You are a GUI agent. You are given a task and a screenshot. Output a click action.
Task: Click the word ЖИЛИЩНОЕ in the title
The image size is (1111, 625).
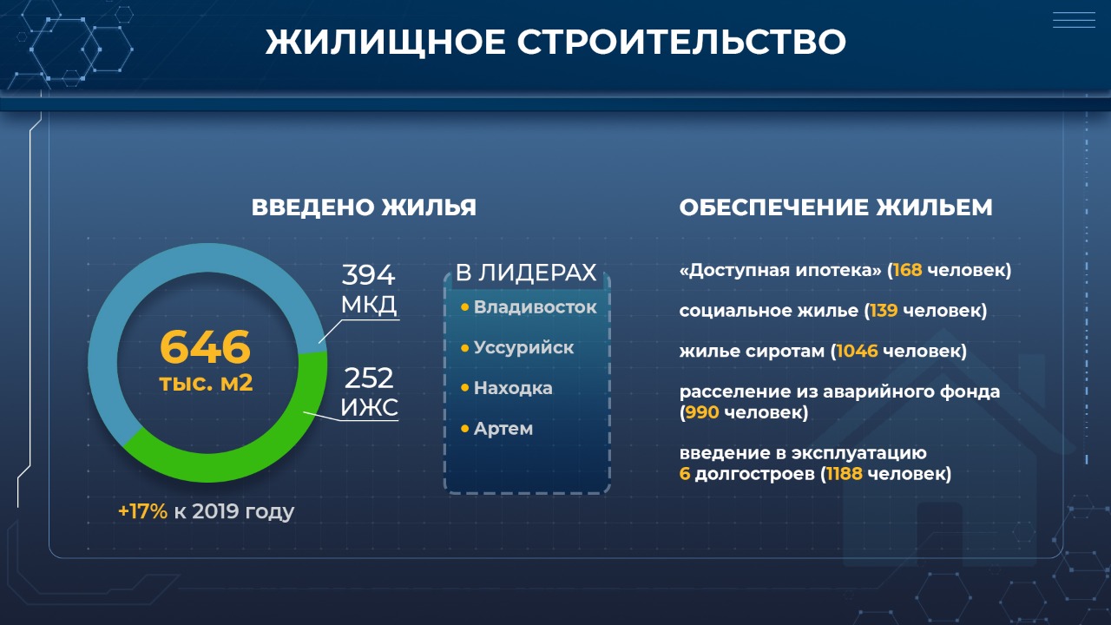tap(385, 42)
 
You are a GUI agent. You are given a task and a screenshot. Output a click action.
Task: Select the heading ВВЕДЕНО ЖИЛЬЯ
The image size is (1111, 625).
tap(364, 207)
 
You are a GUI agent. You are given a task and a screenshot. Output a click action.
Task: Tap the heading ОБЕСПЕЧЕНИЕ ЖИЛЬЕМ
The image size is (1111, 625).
tap(836, 207)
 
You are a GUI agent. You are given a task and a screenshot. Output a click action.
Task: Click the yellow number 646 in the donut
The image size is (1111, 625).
tap(205, 346)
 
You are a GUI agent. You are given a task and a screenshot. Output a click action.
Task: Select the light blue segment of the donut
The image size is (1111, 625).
tap(148, 278)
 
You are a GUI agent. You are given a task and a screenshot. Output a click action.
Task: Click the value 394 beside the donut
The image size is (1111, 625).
tap(368, 274)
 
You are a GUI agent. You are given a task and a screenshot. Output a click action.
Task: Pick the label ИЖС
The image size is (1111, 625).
tap(369, 408)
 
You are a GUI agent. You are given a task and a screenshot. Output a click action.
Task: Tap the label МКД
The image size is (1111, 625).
tap(369, 304)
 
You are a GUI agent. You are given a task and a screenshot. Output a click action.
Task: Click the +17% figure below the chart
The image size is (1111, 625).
tap(143, 511)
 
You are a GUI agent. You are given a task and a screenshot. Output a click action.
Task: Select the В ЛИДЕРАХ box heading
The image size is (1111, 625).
tap(526, 273)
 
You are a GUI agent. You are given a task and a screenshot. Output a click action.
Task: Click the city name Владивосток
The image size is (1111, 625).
tap(536, 307)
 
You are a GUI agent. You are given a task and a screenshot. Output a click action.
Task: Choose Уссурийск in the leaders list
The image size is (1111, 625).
tap(523, 348)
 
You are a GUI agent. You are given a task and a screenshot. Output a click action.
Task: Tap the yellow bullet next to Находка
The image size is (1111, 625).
tap(464, 388)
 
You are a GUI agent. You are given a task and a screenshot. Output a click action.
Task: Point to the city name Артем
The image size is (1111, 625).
tap(503, 429)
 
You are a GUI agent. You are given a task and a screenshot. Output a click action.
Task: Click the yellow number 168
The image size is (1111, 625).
tap(907, 270)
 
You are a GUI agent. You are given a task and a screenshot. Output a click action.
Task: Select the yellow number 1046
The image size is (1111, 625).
tap(857, 352)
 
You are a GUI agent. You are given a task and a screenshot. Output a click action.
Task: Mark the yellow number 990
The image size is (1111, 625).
tap(702, 412)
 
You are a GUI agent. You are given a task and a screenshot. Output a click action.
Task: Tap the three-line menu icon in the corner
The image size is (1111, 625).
tap(1074, 20)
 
